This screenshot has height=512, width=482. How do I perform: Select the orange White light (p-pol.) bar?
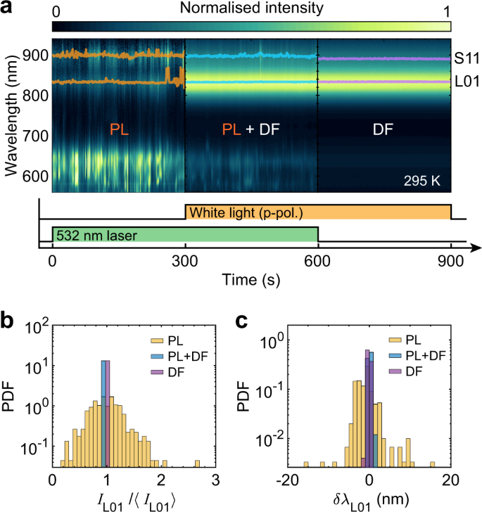click(317, 212)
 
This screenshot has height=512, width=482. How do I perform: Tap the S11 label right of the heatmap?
click(466, 59)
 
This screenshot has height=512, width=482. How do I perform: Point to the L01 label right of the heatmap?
click(466, 82)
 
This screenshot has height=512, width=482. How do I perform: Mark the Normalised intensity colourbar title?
click(251, 9)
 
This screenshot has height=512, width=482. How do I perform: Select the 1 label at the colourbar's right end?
click(448, 10)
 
